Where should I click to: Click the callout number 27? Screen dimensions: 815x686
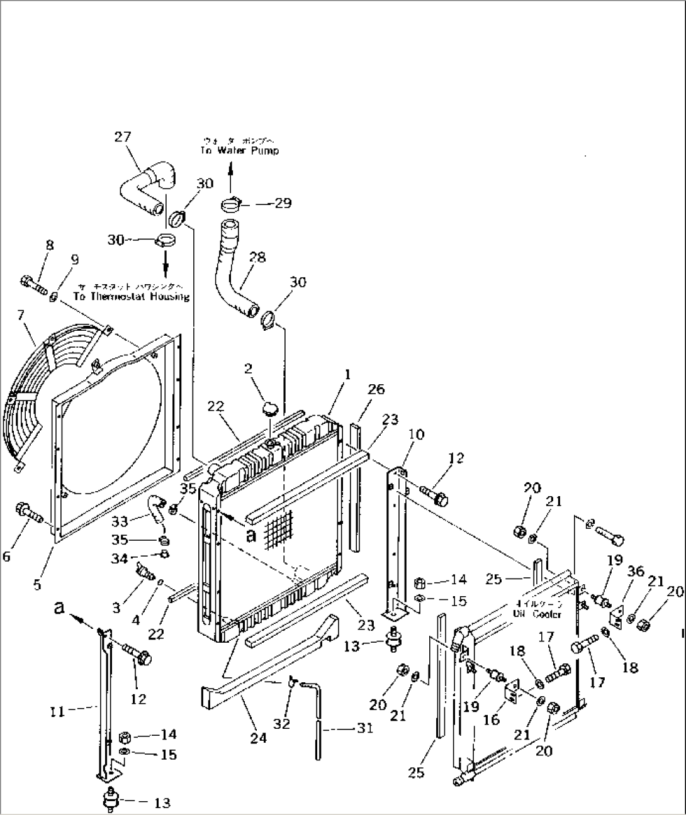[x=123, y=136]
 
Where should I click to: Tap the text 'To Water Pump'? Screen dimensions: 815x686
[x=239, y=151]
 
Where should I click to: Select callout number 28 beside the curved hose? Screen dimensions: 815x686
[x=257, y=257]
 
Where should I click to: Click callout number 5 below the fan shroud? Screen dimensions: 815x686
[x=38, y=584]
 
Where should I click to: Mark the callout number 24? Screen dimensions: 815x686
[x=258, y=738]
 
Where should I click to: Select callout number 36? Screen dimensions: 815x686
[x=636, y=571]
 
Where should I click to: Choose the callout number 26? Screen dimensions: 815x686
[x=376, y=390]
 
